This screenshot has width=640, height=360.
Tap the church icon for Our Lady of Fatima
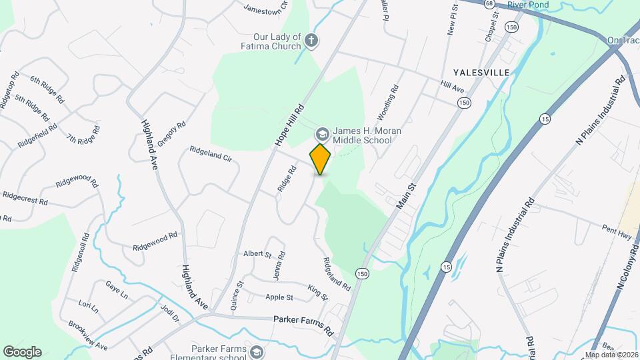[311, 42]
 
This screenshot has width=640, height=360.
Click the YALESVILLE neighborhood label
[481, 72]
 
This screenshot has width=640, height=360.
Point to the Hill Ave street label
[451, 88]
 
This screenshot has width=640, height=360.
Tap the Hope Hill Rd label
[289, 125]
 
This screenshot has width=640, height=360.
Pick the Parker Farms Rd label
[303, 325]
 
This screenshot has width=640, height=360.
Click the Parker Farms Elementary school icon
[257, 351]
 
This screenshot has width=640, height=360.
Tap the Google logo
[22, 352]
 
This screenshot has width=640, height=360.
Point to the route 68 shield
[490, 4]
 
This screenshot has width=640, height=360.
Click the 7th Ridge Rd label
[83, 139]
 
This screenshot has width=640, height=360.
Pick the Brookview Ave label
[87, 336]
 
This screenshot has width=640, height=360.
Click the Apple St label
[279, 297]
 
